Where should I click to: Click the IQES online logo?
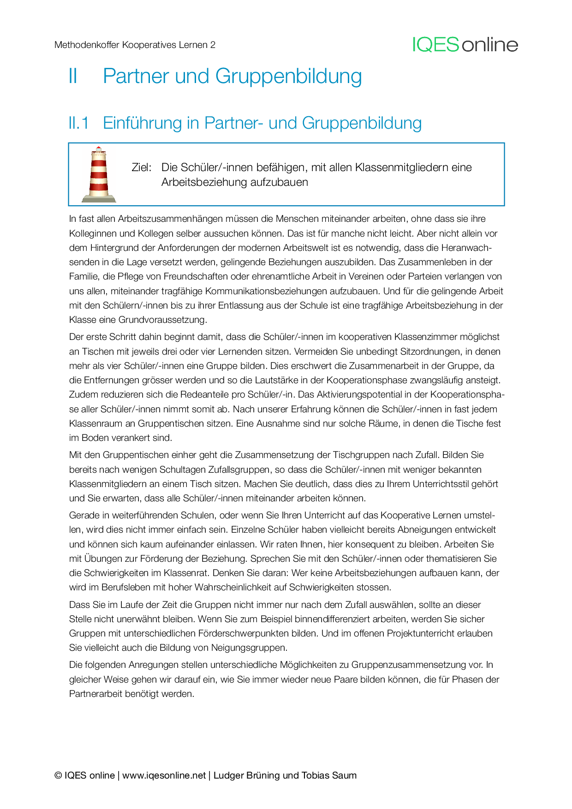pos(465,45)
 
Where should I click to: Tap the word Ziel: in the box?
pos(141,167)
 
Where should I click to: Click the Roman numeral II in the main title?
pos(73,76)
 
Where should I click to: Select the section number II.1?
pos(78,123)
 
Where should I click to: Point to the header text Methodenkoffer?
pos(87,45)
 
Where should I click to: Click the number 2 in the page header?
pos(213,45)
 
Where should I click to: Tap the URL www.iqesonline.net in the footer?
pos(164,775)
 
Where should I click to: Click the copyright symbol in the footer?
pos(58,775)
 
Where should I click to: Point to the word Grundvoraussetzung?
pos(162,320)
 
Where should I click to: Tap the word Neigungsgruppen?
pos(249,648)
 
